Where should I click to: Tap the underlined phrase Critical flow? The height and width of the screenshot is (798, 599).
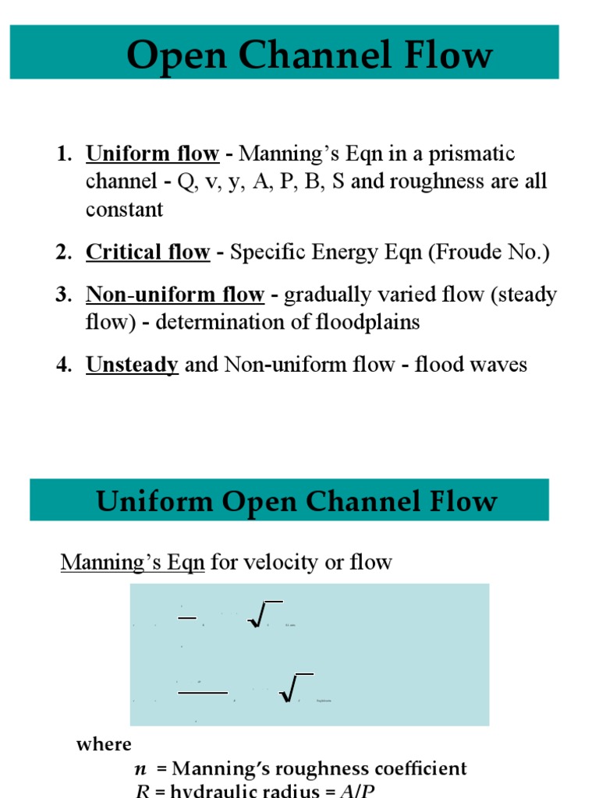(x=147, y=252)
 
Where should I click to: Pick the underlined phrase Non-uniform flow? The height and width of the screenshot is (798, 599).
(x=175, y=295)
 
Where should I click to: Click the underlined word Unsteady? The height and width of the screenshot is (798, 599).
(x=132, y=364)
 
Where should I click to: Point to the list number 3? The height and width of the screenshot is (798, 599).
(x=62, y=295)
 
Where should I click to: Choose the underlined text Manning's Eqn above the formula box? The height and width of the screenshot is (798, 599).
(x=133, y=562)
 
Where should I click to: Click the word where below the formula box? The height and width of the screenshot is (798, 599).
(x=104, y=744)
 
